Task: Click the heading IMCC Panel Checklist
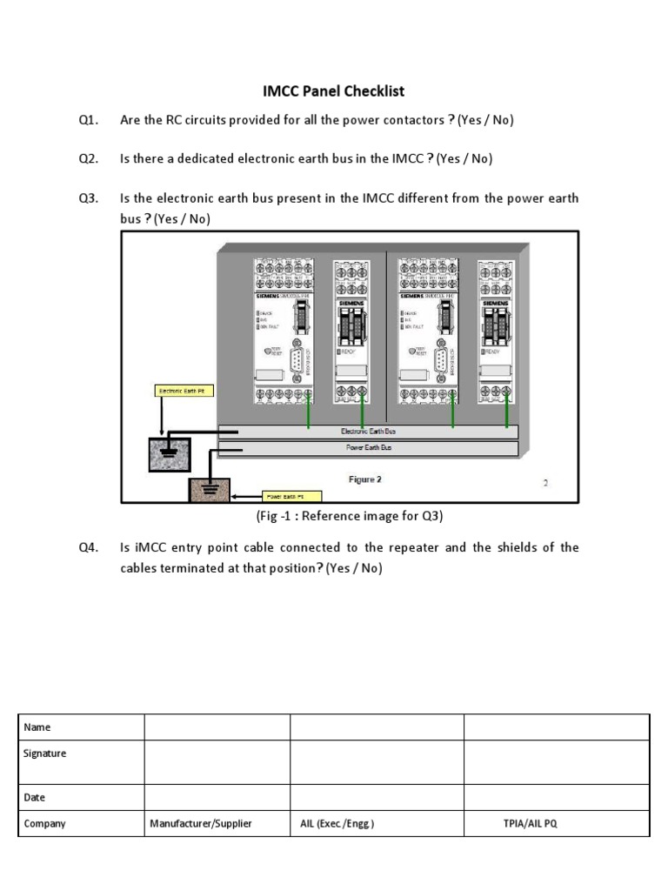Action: (334, 90)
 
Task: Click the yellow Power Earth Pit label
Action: (291, 496)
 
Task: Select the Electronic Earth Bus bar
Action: (368, 432)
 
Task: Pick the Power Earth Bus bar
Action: (368, 449)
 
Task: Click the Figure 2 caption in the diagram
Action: (364, 479)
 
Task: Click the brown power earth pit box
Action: (210, 489)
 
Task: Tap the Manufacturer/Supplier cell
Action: (201, 823)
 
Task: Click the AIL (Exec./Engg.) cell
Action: (337, 823)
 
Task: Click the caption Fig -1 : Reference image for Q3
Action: (350, 517)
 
